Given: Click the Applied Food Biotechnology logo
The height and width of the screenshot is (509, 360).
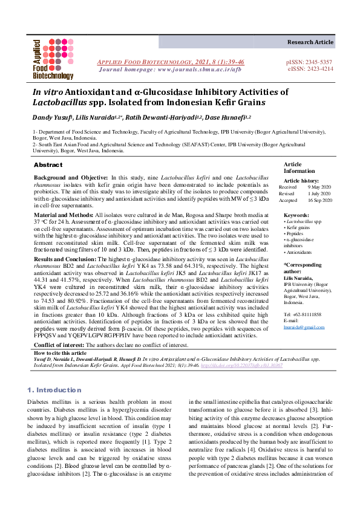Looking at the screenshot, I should click(53, 60).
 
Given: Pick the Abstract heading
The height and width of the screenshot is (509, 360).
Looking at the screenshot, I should click(48, 165).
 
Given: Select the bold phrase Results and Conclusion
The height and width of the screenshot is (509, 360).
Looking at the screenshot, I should click(70, 259).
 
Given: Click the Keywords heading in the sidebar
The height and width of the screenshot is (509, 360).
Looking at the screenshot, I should click(296, 215).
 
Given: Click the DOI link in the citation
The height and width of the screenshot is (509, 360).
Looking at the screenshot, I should click(246, 366).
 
